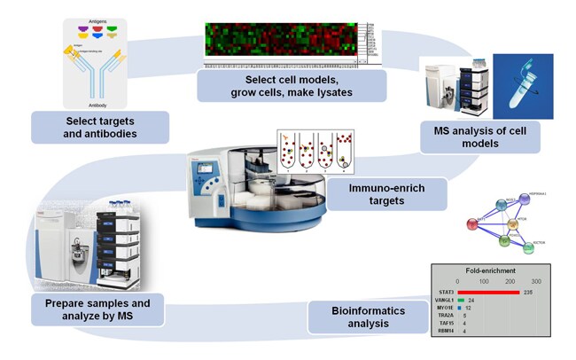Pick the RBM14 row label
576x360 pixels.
pos(444,331)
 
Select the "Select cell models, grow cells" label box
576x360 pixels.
pos(292,87)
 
